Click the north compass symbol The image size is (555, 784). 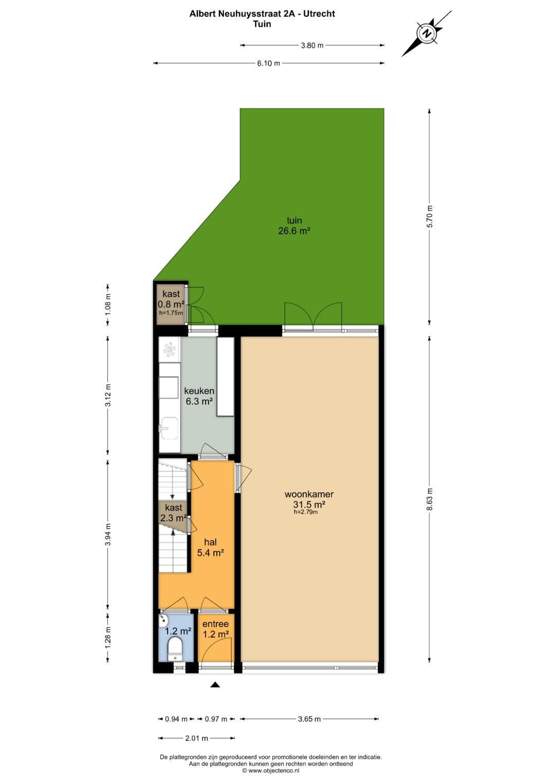click(x=427, y=34)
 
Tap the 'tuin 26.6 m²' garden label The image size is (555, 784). click(x=294, y=226)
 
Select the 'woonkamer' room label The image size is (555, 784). click(x=309, y=494)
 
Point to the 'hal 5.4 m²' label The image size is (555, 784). click(x=210, y=547)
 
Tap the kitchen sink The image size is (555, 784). click(x=169, y=429)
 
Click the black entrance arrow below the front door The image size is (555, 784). click(x=215, y=684)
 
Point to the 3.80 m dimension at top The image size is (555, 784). click(x=312, y=45)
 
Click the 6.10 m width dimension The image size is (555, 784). click(x=269, y=63)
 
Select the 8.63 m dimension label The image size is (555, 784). click(x=430, y=498)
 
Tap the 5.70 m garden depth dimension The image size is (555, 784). click(x=430, y=216)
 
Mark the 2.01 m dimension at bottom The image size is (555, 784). click(x=196, y=738)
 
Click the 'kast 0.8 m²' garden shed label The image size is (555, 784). click(x=171, y=299)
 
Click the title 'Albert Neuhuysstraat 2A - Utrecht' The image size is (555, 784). click(x=262, y=14)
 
